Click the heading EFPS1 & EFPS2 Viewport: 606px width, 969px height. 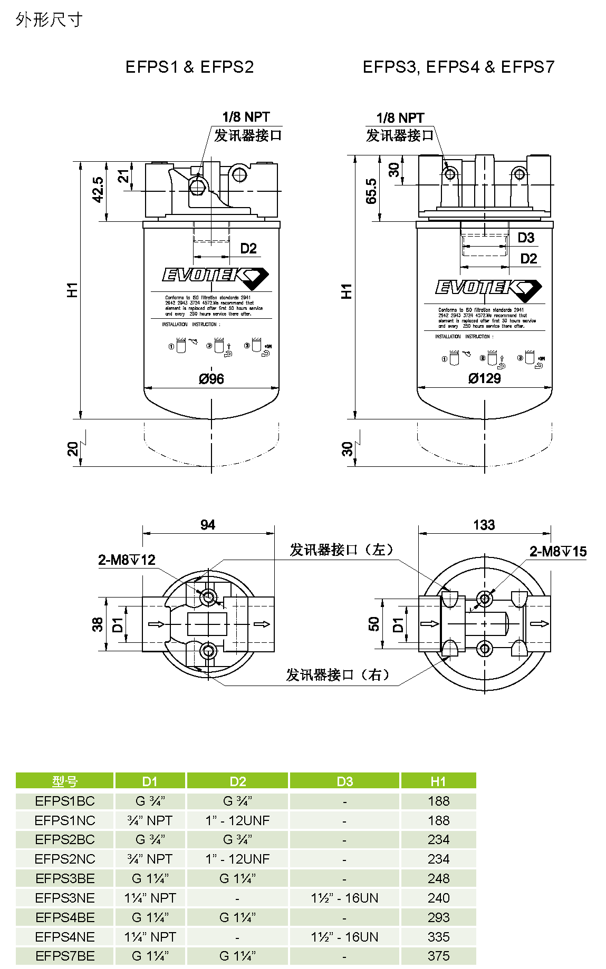189,67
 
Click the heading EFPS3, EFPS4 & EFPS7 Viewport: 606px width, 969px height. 458,67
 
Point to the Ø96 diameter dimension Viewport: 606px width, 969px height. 211,379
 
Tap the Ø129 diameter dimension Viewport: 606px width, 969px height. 484,378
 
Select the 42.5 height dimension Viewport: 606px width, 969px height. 98,190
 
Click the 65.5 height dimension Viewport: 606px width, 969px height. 371,191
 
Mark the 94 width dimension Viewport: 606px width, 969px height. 208,525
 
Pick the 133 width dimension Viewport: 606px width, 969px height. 484,525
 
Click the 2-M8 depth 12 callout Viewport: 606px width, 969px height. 127,560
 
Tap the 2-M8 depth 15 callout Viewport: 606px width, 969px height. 557,552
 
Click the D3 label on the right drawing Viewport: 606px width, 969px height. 526,238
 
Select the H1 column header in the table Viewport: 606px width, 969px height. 438,781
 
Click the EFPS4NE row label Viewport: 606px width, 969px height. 65,937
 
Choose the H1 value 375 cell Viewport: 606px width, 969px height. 438,956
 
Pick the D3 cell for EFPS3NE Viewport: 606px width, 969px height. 344,898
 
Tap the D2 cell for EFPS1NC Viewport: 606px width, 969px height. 237,820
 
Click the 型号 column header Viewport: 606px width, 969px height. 65,781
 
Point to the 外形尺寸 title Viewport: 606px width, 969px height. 49,20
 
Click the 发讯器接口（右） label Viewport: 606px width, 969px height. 338,675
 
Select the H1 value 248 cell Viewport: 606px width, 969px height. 438,878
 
